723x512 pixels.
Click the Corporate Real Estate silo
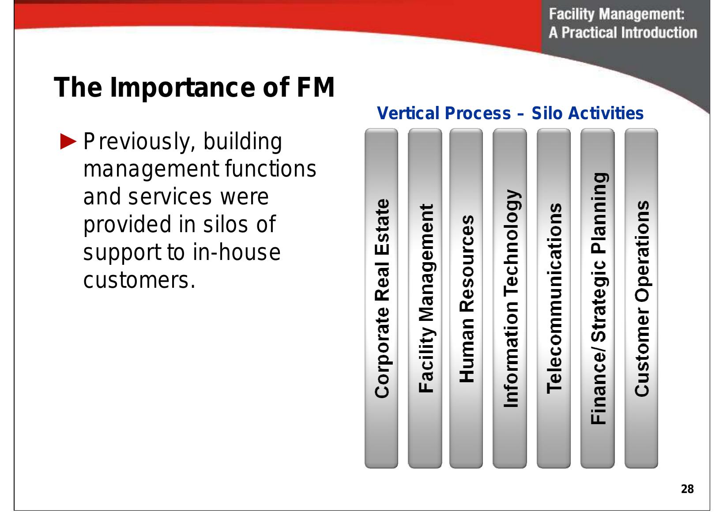[381, 298]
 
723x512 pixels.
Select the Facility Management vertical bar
[425, 298]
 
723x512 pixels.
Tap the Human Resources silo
[467, 298]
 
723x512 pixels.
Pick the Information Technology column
[510, 298]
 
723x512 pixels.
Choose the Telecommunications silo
[554, 298]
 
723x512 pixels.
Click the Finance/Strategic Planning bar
[597, 298]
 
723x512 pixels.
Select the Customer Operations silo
[641, 298]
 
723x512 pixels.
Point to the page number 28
[687, 489]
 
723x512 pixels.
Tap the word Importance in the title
[181, 87]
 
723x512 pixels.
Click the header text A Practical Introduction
[622, 33]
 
